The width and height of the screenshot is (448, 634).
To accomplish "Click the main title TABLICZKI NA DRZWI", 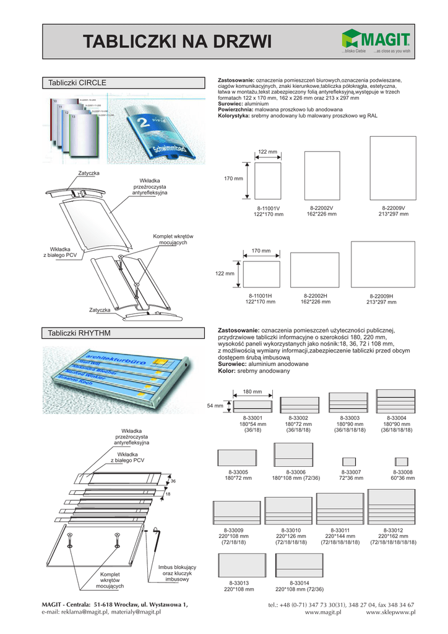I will pyautogui.click(x=178, y=41).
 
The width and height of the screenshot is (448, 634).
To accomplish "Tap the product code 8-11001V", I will pyautogui.click(x=268, y=209).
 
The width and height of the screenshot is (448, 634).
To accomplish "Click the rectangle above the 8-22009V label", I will pyautogui.click(x=392, y=168).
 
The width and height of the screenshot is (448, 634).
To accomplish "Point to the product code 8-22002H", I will pyautogui.click(x=316, y=296).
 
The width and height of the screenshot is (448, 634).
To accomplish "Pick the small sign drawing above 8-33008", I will pyautogui.click(x=402, y=461).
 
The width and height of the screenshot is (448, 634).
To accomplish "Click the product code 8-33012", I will pyautogui.click(x=393, y=531).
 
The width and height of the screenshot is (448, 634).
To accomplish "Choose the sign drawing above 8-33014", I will pyautogui.click(x=299, y=565).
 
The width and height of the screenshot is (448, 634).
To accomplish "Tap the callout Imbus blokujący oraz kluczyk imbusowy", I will pyautogui.click(x=177, y=573).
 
